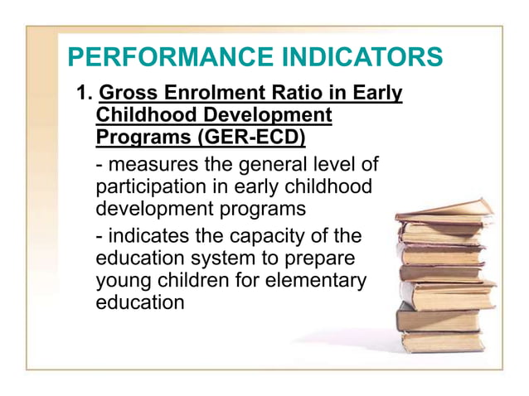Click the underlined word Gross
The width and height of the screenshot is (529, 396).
[x=126, y=94]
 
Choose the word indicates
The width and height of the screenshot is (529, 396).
[x=146, y=239]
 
